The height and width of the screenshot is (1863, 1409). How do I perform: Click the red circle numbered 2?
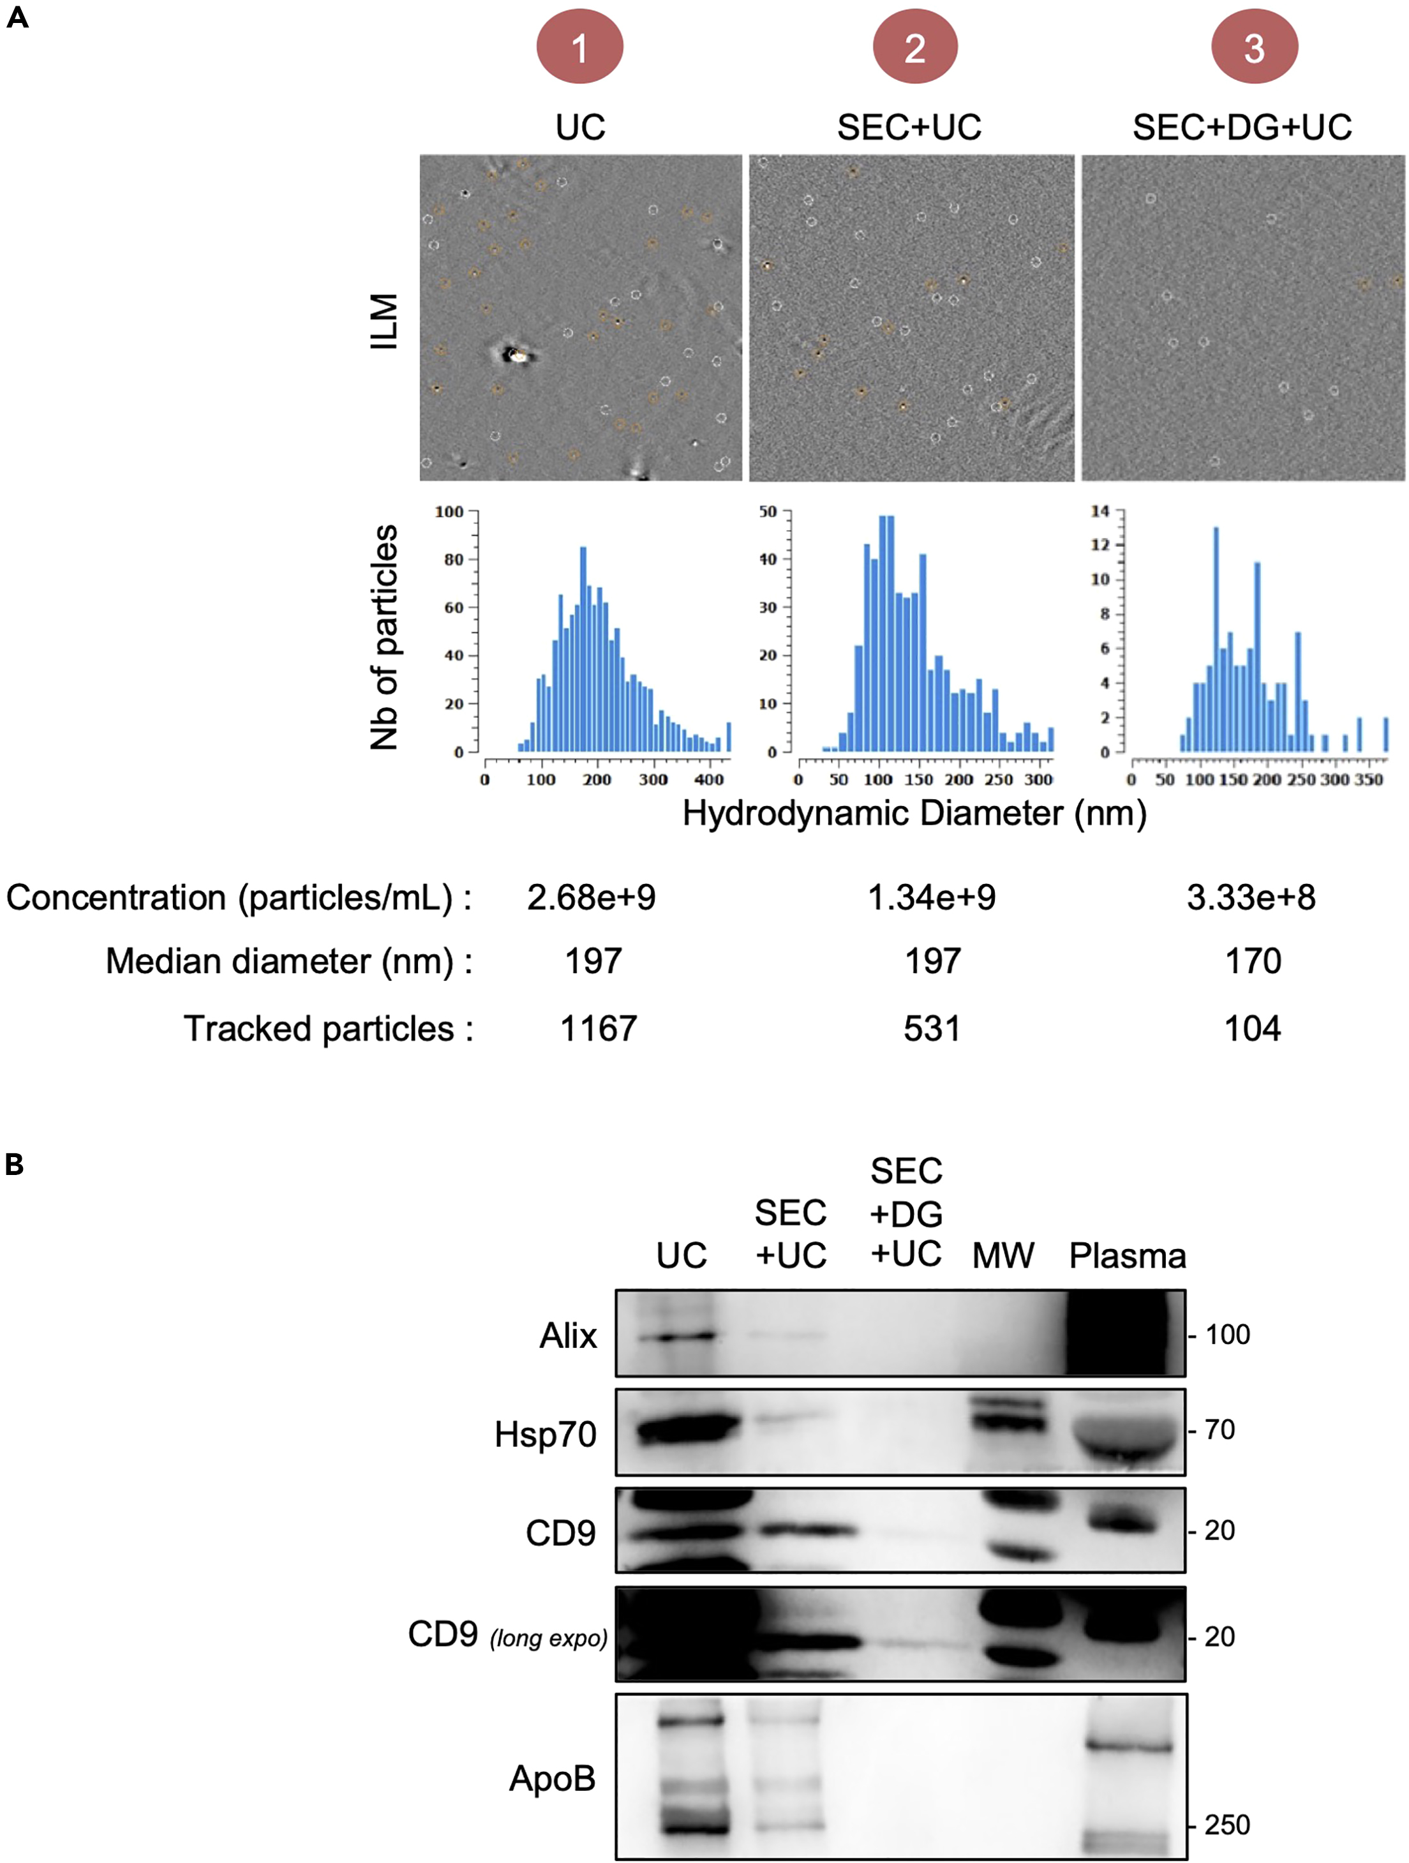tap(914, 47)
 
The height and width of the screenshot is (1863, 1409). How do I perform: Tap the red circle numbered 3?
tap(1254, 47)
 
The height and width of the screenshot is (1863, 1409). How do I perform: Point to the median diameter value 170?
tap(1253, 961)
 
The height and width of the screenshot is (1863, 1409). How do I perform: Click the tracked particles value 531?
tap(932, 1028)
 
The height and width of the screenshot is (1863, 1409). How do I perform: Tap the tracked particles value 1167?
tap(599, 1028)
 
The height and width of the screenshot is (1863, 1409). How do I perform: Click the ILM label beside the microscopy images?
tap(384, 321)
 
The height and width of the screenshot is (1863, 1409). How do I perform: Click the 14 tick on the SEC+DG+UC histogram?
tap(1100, 511)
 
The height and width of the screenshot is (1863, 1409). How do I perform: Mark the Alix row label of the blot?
tap(568, 1336)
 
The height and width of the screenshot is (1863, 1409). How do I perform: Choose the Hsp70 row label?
tap(545, 1434)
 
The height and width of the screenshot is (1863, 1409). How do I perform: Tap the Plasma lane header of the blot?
tap(1127, 1256)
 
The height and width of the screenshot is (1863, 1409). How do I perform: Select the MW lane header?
tap(1003, 1256)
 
